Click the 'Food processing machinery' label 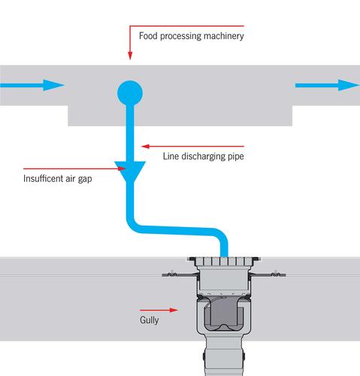192,36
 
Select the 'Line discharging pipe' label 204,156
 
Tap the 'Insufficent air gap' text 58,179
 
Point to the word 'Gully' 150,320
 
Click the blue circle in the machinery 130,93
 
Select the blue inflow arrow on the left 32,85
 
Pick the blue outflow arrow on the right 328,85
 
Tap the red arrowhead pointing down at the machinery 130,56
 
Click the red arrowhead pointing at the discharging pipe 146,147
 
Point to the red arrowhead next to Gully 174,310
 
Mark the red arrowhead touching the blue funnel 122,168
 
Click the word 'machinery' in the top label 224,36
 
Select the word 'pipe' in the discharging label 236,156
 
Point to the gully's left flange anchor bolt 172,274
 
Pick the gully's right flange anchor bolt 276,274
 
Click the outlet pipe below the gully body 223,355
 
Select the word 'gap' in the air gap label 85,179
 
